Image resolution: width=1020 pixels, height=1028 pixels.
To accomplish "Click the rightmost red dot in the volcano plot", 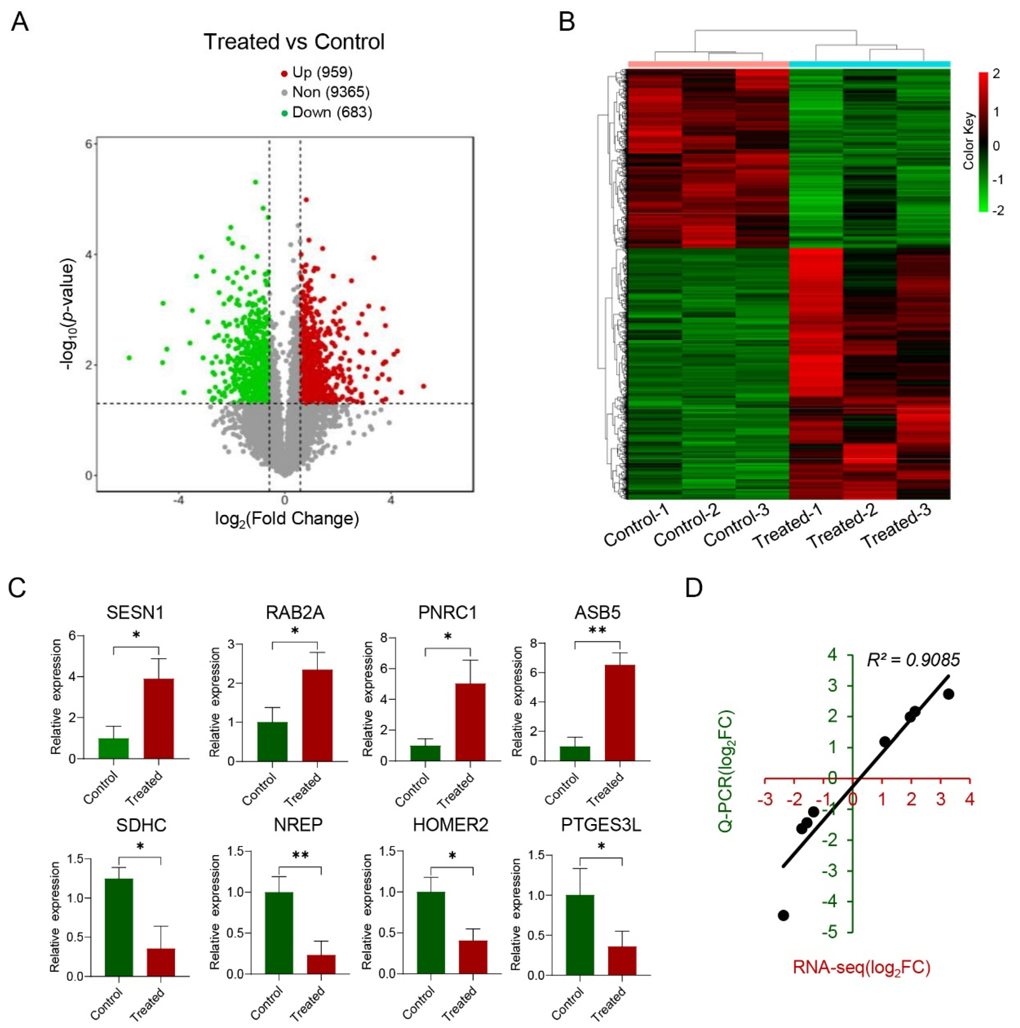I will [423, 386].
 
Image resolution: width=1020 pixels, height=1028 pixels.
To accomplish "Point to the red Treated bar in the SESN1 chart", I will [159, 718].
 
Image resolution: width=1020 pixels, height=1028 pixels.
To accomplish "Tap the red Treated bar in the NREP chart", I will [321, 964].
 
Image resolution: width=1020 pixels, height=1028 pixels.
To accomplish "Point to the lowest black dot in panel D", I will [783, 915].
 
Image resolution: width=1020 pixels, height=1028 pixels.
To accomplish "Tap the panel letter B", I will [567, 22].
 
